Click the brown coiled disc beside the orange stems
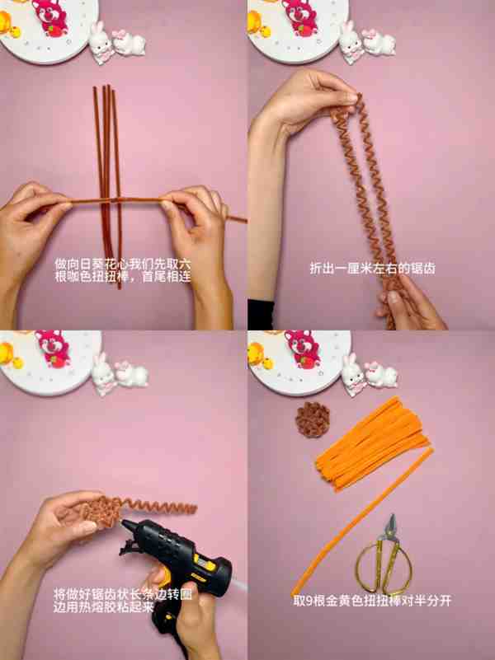[312, 419]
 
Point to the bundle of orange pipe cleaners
[373, 444]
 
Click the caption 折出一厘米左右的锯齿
[372, 268]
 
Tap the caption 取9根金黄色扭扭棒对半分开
[372, 601]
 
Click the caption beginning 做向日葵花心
[123, 270]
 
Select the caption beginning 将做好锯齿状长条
[123, 601]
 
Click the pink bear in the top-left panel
[50, 16]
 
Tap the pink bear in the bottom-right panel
[303, 348]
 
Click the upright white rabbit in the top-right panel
[351, 42]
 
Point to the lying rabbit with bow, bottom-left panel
[131, 374]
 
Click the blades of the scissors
[391, 528]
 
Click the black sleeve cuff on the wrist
[261, 314]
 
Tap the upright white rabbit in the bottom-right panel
[353, 375]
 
